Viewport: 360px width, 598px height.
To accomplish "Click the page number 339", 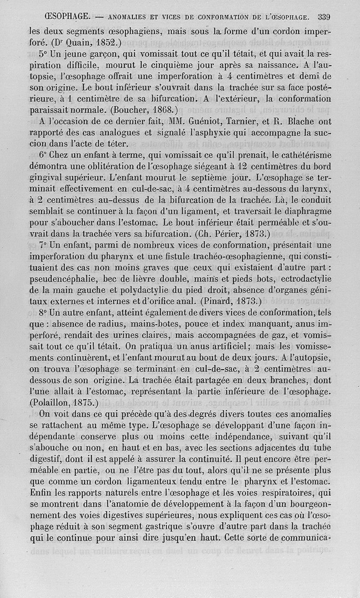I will click(x=324, y=18).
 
